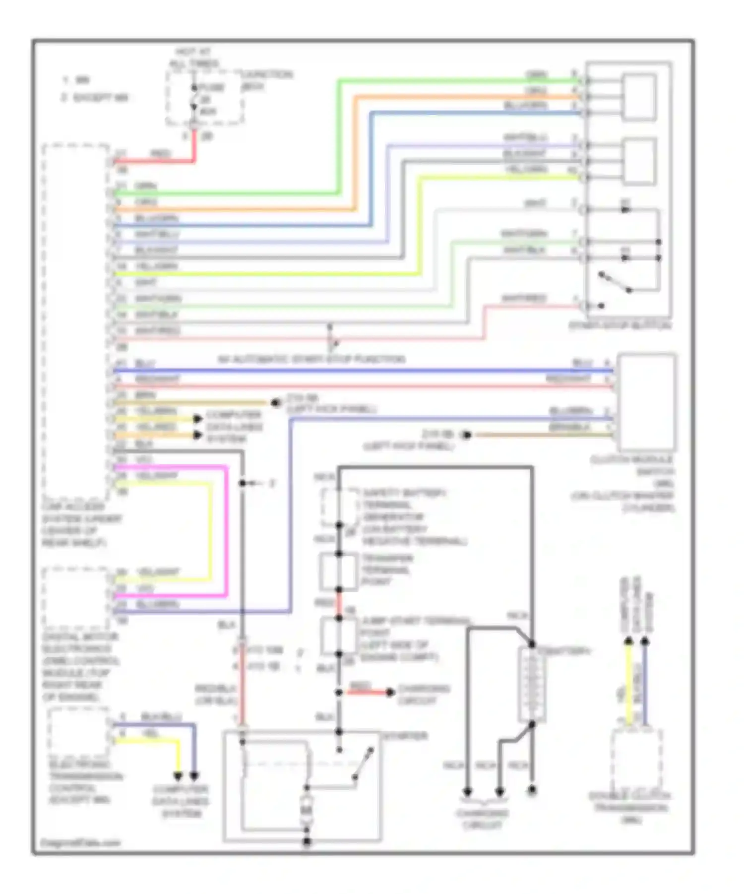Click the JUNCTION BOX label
tap(267, 80)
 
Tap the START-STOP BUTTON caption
tap(620, 326)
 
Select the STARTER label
tap(405, 736)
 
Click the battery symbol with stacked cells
tap(531, 685)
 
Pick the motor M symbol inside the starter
tap(307, 810)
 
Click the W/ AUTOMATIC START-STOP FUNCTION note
tap(311, 359)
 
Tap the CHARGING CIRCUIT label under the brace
tap(482, 819)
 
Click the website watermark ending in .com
tap(80, 843)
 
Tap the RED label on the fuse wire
tap(160, 154)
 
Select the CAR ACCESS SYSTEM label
tap(81, 525)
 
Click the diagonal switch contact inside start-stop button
tap(615, 282)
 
